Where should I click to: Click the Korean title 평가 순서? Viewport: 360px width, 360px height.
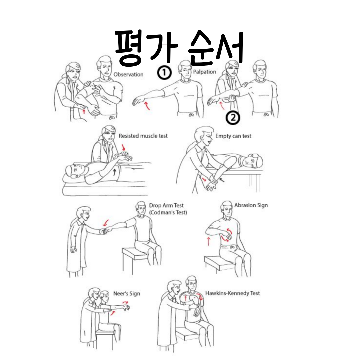(x=179, y=48)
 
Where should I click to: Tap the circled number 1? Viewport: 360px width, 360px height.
(x=164, y=73)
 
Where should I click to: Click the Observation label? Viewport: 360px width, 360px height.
(x=128, y=74)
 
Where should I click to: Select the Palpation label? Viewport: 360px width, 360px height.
(x=205, y=72)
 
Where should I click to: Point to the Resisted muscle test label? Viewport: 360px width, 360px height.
(x=143, y=136)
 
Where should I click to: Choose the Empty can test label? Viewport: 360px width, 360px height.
(x=233, y=136)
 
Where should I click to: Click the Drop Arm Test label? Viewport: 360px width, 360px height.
(x=166, y=205)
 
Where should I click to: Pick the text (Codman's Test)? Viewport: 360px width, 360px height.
(x=168, y=212)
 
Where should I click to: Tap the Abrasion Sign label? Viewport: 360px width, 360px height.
(x=251, y=205)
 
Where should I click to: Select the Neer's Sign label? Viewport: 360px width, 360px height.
(x=127, y=294)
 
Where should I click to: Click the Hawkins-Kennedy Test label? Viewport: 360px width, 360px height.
(x=232, y=293)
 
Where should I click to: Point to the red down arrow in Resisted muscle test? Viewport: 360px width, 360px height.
(x=124, y=147)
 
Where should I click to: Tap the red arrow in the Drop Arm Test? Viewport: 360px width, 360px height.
(x=106, y=223)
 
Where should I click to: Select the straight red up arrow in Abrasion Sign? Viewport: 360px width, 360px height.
(x=208, y=242)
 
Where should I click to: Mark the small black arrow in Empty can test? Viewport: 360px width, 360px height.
(x=222, y=180)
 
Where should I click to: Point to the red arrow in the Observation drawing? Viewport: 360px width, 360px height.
(x=84, y=112)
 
